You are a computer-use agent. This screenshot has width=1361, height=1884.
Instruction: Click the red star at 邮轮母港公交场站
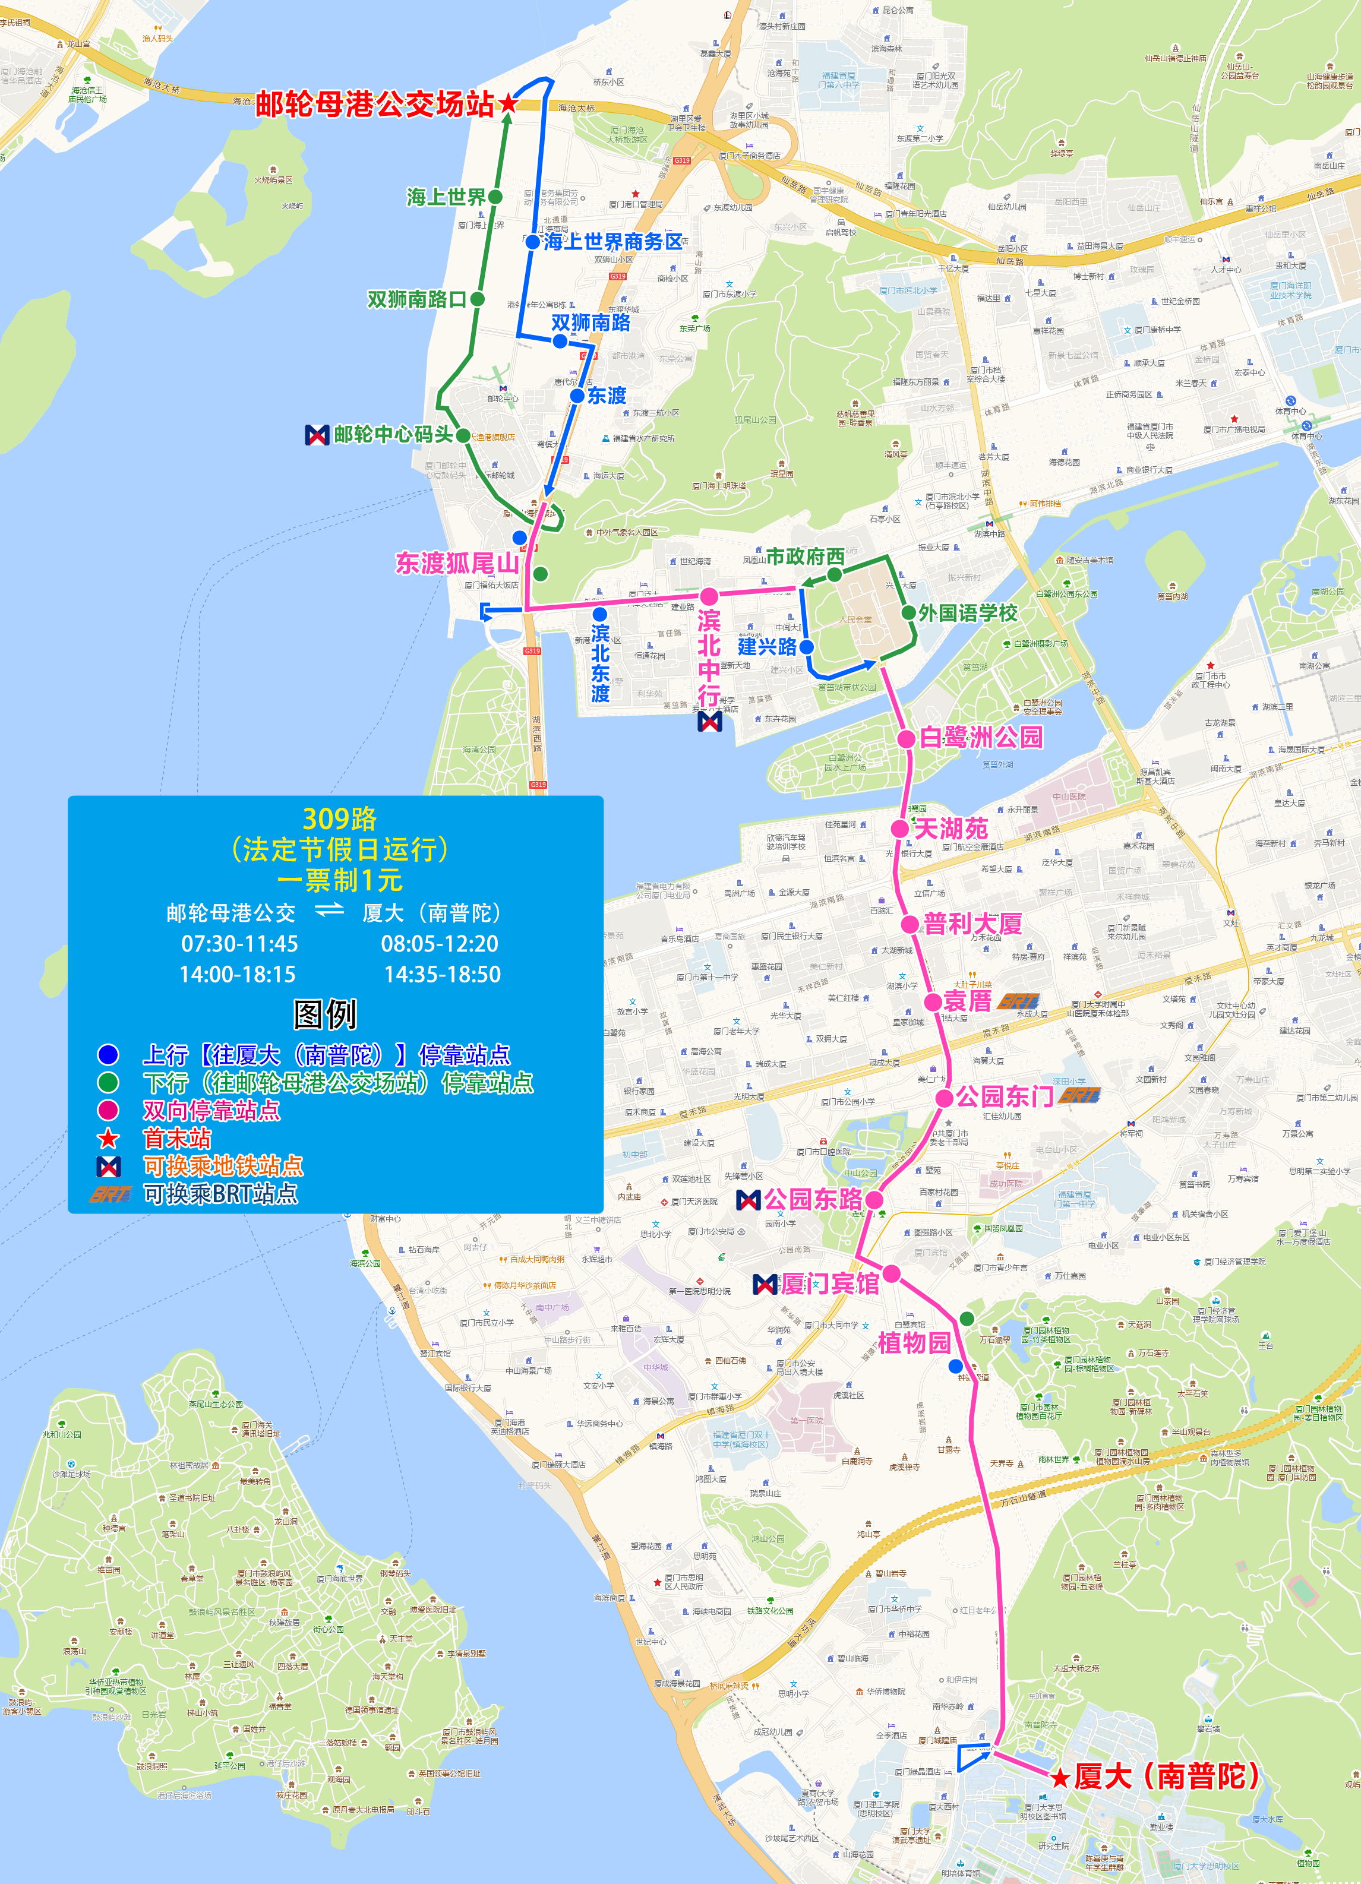pyautogui.click(x=507, y=104)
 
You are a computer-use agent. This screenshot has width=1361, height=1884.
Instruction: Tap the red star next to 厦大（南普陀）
pyautogui.click(x=1060, y=1778)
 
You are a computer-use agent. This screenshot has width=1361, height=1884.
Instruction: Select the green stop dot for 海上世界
pyautogui.click(x=495, y=197)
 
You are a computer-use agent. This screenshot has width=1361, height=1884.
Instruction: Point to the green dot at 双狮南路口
pyautogui.click(x=478, y=299)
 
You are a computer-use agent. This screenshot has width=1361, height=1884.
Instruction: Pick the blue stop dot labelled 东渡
pyautogui.click(x=577, y=396)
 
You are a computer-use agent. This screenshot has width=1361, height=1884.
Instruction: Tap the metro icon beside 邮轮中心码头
pyautogui.click(x=317, y=434)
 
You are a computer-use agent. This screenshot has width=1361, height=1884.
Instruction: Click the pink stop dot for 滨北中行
pyautogui.click(x=709, y=596)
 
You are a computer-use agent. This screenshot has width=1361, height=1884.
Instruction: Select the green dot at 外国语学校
pyautogui.click(x=908, y=613)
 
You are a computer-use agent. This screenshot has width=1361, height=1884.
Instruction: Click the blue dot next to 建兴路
pyautogui.click(x=806, y=646)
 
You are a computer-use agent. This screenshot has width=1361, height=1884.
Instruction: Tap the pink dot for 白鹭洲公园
pyautogui.click(x=907, y=738)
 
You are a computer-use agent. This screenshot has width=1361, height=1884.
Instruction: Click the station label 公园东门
pyautogui.click(x=1004, y=1098)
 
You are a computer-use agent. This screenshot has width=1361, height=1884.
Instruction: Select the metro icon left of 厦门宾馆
pyautogui.click(x=765, y=1284)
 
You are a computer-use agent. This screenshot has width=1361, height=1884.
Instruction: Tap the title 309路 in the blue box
pyautogui.click(x=339, y=819)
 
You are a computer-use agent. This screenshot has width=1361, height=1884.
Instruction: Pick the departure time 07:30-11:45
pyautogui.click(x=239, y=944)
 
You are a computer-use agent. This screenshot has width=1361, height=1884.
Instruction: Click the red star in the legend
pyautogui.click(x=109, y=1138)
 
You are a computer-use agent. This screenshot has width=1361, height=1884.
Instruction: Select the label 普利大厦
pyautogui.click(x=972, y=924)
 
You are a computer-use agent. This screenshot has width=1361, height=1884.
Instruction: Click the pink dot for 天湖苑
pyautogui.click(x=900, y=828)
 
